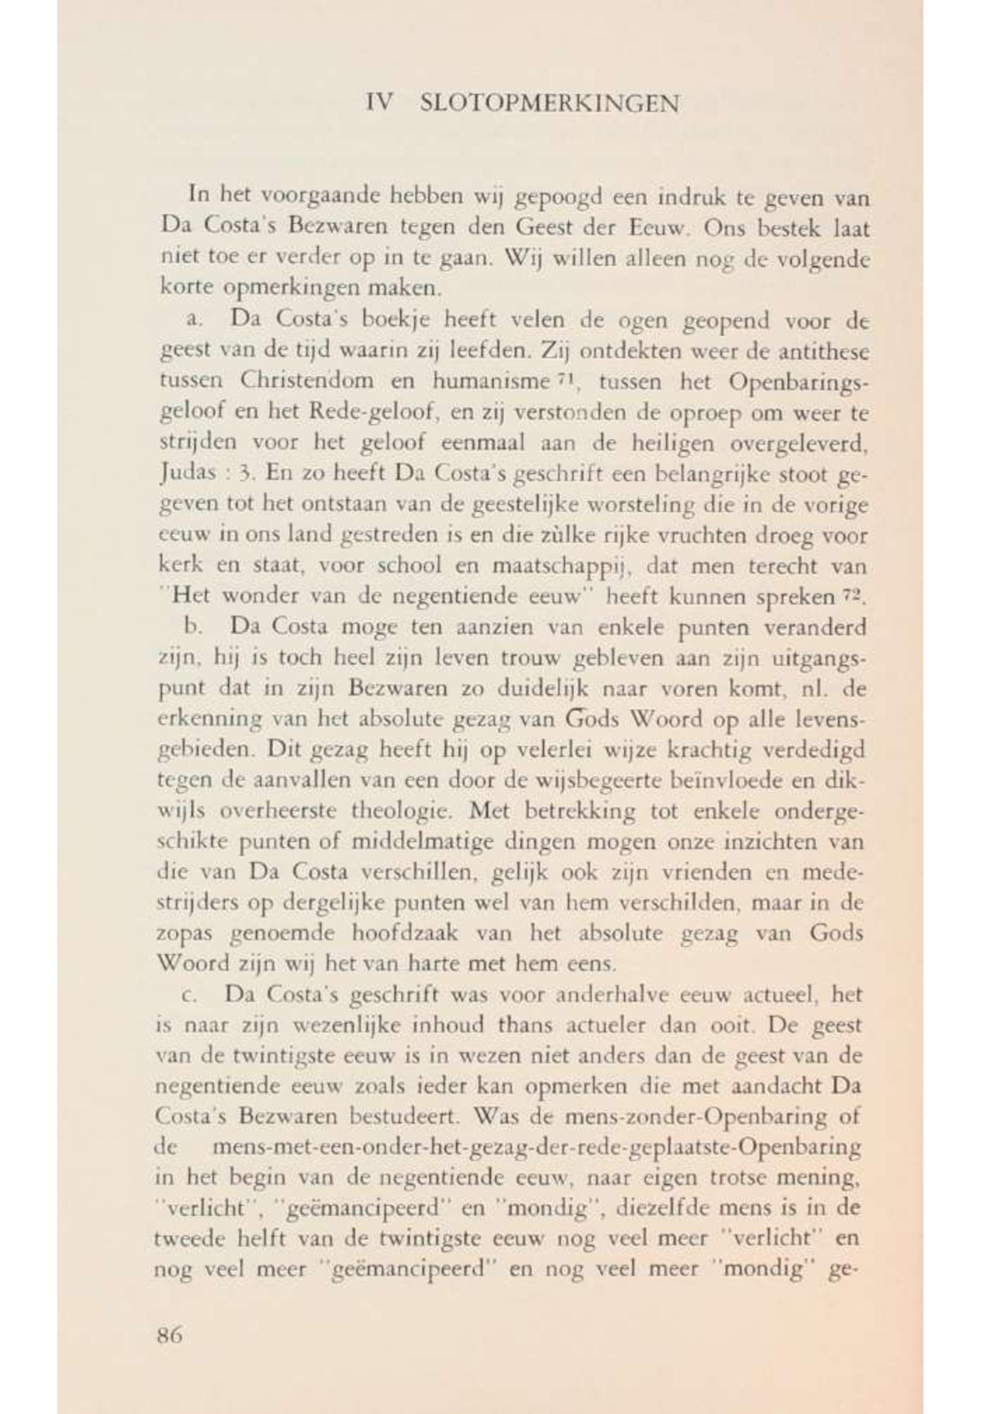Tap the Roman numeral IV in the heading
point(379,103)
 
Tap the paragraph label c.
point(189,996)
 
